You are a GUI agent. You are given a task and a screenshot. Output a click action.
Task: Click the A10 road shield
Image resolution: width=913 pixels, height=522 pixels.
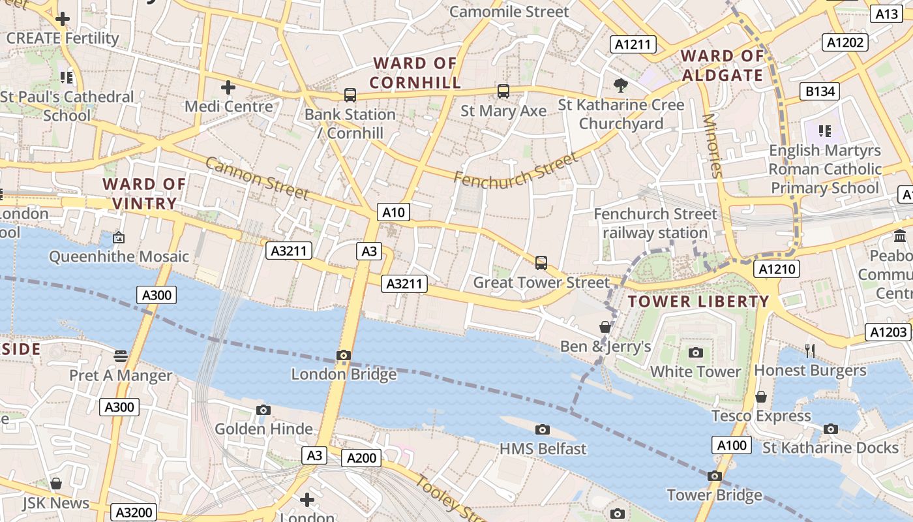point(393,212)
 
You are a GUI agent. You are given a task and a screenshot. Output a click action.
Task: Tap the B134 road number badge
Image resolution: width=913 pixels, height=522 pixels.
point(820,91)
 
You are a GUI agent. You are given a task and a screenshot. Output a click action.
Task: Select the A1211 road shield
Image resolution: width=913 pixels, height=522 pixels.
point(633,44)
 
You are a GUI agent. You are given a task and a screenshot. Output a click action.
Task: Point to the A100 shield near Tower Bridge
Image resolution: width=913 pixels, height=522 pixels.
point(731,446)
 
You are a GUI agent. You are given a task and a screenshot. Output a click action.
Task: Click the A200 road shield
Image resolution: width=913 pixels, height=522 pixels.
point(361,458)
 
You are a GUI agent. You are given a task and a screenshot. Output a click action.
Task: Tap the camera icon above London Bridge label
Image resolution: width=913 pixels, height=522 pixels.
point(344,356)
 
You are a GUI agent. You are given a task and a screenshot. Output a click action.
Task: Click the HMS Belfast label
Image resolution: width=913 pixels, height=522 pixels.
point(543,449)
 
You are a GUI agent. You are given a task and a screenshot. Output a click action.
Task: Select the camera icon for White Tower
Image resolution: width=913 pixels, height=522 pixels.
point(696,353)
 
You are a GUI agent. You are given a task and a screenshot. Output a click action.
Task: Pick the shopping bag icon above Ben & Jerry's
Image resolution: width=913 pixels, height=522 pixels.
point(605,327)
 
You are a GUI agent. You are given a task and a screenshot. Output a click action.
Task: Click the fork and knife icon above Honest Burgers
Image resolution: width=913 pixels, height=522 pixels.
point(810,351)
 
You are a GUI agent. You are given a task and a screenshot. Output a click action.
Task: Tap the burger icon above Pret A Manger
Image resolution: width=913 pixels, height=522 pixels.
point(121,356)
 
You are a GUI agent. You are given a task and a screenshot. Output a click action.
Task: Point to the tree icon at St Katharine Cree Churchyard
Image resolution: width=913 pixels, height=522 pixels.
point(621,85)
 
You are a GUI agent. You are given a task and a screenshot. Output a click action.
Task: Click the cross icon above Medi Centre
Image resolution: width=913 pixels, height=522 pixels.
point(228,87)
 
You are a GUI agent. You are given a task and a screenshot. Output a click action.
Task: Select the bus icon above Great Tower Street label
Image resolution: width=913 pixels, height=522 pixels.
point(541,263)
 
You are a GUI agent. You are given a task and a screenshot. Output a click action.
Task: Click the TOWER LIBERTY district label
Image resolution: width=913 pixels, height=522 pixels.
point(698,301)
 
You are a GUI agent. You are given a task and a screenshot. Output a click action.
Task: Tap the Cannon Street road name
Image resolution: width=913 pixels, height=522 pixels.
point(257,177)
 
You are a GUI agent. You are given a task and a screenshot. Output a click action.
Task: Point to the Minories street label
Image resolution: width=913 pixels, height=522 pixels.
point(712,146)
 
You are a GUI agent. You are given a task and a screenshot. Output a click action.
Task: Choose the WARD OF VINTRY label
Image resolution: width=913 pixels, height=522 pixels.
point(144,194)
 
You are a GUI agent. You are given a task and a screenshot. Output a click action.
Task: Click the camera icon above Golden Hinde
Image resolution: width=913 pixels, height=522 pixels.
point(263,410)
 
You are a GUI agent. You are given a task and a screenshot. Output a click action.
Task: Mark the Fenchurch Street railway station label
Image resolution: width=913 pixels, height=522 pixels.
point(655,223)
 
